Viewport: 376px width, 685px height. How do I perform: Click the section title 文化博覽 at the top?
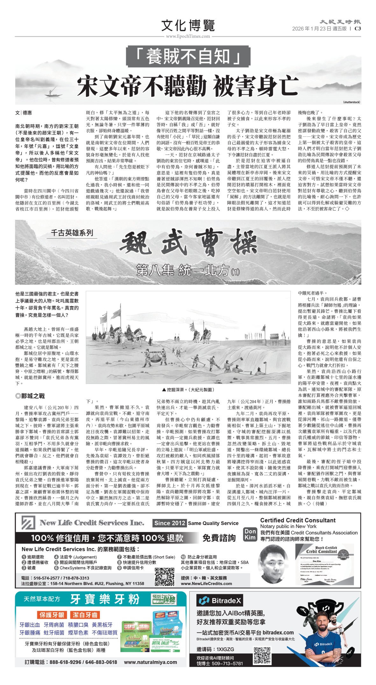click(188, 25)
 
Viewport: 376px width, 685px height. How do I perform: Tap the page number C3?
click(358, 29)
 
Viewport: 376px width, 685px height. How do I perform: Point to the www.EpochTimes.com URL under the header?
click(188, 36)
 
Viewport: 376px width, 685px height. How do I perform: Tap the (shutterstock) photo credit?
click(351, 102)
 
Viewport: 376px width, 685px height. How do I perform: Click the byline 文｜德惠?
click(24, 113)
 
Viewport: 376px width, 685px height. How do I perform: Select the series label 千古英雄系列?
click(72, 233)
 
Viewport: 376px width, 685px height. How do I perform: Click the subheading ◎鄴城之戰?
click(30, 396)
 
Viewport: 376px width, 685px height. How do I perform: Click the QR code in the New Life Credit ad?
click(164, 577)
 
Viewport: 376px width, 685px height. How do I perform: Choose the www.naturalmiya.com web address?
click(150, 662)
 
